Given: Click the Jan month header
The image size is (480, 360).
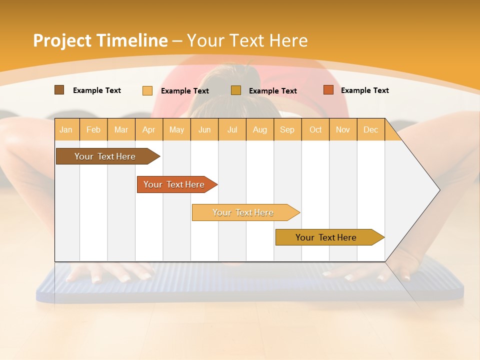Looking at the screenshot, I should [66, 130].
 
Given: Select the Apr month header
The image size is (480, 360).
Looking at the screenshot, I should [149, 130].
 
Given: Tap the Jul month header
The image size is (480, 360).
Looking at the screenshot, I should [232, 130].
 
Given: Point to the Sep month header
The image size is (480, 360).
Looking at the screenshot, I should [287, 130].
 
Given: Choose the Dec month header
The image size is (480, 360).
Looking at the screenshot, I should [370, 130].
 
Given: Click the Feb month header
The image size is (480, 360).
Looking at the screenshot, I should [93, 130].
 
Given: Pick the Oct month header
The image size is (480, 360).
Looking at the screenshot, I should [315, 130].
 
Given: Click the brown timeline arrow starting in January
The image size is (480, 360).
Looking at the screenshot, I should [105, 156].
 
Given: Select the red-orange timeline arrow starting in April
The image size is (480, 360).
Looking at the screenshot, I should [174, 184].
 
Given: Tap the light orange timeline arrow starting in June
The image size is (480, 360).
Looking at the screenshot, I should [243, 212].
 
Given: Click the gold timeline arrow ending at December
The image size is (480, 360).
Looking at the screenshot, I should [326, 237].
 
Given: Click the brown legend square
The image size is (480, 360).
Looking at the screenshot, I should [59, 90].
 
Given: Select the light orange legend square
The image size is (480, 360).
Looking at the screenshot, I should [147, 90].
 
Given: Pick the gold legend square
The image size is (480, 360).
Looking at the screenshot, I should [236, 90].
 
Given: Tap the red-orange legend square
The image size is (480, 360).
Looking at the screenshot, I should [328, 90].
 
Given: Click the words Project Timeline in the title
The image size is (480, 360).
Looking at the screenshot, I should [100, 40].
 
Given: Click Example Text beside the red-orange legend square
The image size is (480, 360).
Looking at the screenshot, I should [364, 90].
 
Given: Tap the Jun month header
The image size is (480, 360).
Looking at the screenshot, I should [204, 130].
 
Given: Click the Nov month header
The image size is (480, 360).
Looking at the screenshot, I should [343, 130].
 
